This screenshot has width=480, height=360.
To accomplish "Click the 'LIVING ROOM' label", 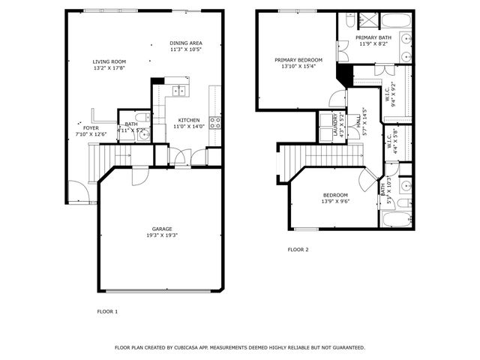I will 109,61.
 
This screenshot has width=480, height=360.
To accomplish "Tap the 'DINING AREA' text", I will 186,43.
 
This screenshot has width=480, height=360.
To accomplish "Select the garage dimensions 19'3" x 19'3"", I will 162,235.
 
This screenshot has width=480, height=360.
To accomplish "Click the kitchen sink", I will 179,91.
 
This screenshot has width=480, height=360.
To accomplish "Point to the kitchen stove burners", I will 214,122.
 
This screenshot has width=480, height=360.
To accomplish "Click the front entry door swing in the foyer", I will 77,192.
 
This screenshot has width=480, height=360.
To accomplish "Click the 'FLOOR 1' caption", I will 107,310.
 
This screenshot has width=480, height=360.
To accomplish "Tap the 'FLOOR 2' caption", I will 298,250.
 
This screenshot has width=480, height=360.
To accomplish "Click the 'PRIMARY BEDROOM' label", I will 298,60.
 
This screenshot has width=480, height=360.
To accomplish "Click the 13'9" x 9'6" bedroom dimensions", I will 335,201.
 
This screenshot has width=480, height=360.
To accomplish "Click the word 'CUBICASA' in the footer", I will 190,348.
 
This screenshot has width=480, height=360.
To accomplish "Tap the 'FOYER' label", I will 91,128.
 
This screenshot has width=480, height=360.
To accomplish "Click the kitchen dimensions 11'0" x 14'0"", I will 188,127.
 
